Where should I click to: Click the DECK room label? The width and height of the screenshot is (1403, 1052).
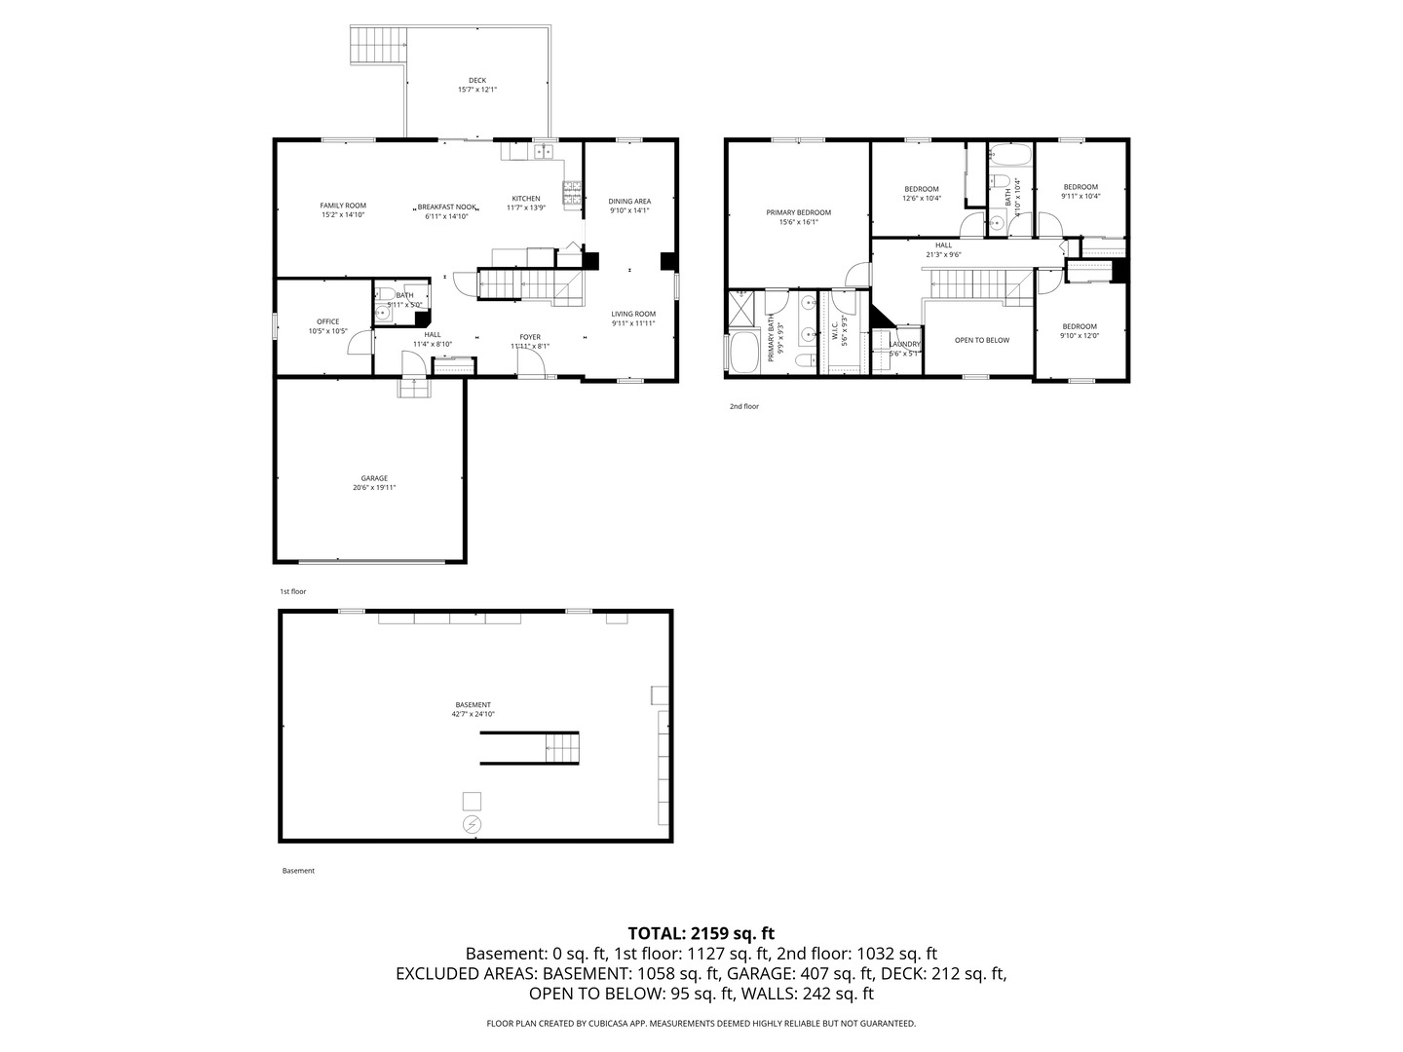pyautogui.click(x=476, y=81)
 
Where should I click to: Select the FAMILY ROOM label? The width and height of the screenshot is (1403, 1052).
pyautogui.click(x=343, y=206)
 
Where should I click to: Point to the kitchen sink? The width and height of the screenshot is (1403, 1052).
pyautogui.click(x=543, y=151)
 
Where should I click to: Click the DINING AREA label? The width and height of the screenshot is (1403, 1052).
pyautogui.click(x=629, y=202)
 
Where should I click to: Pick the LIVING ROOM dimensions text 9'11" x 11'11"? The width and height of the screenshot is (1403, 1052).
pyautogui.click(x=633, y=323)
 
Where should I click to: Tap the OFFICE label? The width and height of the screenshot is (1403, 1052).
pyautogui.click(x=327, y=321)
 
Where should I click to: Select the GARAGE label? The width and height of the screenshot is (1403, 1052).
pyautogui.click(x=374, y=478)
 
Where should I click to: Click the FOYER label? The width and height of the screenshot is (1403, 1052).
pyautogui.click(x=530, y=337)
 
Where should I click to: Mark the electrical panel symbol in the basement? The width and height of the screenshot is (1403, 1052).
pyautogui.click(x=472, y=825)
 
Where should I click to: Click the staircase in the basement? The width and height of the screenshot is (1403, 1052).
pyautogui.click(x=561, y=748)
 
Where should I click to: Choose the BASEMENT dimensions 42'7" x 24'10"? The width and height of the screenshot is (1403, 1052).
pyautogui.click(x=474, y=714)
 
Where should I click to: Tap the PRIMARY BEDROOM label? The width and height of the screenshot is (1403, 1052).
pyautogui.click(x=798, y=212)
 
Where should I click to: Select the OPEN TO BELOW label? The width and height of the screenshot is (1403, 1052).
pyautogui.click(x=981, y=340)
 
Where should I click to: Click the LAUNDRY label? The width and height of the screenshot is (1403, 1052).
pyautogui.click(x=905, y=344)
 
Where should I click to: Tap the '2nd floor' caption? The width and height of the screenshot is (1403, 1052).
pyautogui.click(x=743, y=406)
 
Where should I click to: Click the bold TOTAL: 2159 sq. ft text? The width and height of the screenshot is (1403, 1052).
pyautogui.click(x=701, y=933)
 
